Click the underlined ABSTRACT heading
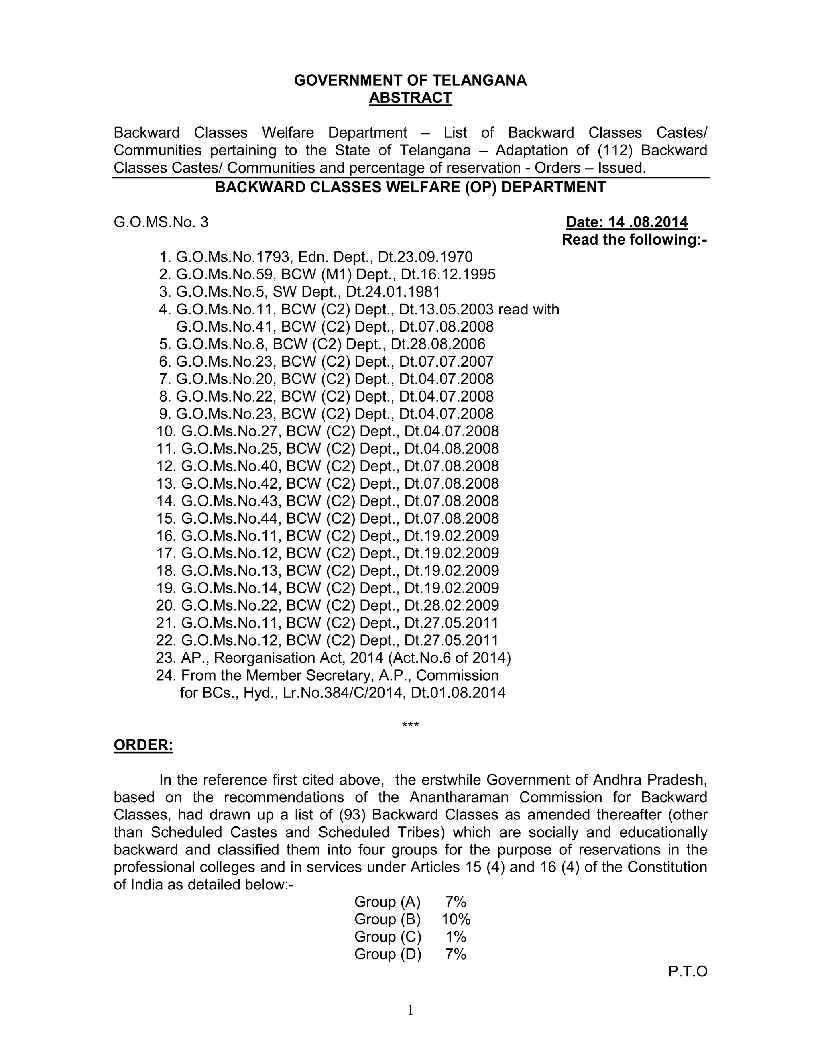[410, 98]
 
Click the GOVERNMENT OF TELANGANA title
[410, 80]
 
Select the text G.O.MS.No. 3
[161, 222]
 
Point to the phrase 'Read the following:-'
[634, 240]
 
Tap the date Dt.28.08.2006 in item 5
[438, 344]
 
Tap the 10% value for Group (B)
[456, 919]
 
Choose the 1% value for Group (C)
[456, 936]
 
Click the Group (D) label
[388, 954]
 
